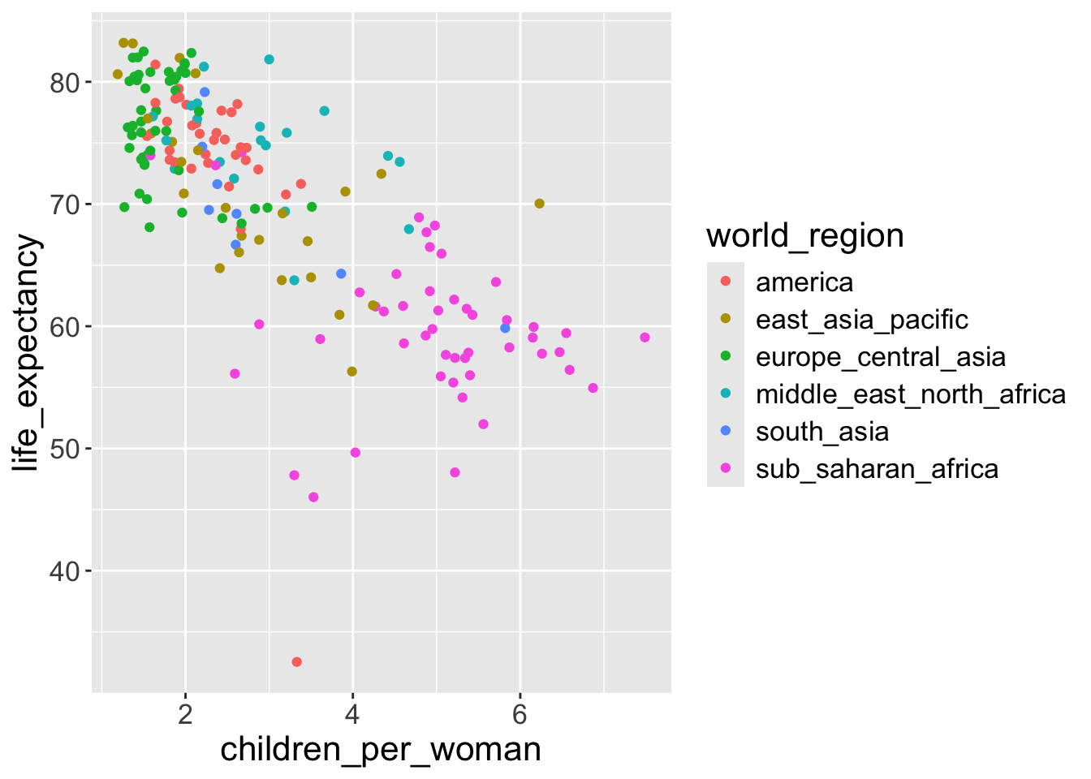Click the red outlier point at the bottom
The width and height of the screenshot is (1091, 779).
pyautogui.click(x=297, y=662)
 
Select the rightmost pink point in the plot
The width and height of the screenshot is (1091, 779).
pyautogui.click(x=645, y=338)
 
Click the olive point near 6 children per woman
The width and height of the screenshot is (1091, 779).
pyautogui.click(x=539, y=204)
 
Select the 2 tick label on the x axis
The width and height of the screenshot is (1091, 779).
pyautogui.click(x=185, y=715)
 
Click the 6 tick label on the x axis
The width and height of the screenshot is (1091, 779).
pyautogui.click(x=520, y=715)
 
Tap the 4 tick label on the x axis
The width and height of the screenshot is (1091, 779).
pyautogui.click(x=352, y=715)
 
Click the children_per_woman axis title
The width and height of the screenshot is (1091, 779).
pyautogui.click(x=381, y=749)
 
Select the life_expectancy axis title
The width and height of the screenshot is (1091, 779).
pyautogui.click(x=26, y=353)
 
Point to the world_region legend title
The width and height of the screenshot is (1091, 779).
pyautogui.click(x=805, y=236)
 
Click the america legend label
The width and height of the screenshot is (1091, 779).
pyautogui.click(x=804, y=282)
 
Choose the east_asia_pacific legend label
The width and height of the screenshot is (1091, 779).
pyautogui.click(x=862, y=320)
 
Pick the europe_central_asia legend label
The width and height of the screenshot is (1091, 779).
pyautogui.click(x=881, y=357)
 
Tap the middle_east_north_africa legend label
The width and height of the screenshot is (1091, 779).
pyautogui.click(x=911, y=394)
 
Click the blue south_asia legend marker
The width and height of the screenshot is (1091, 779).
pyautogui.click(x=726, y=431)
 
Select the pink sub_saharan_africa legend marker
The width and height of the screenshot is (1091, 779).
pyautogui.click(x=726, y=468)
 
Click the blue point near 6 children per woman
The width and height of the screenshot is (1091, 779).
pyautogui.click(x=505, y=328)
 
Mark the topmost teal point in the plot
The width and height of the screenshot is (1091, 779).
pyautogui.click(x=270, y=59)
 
